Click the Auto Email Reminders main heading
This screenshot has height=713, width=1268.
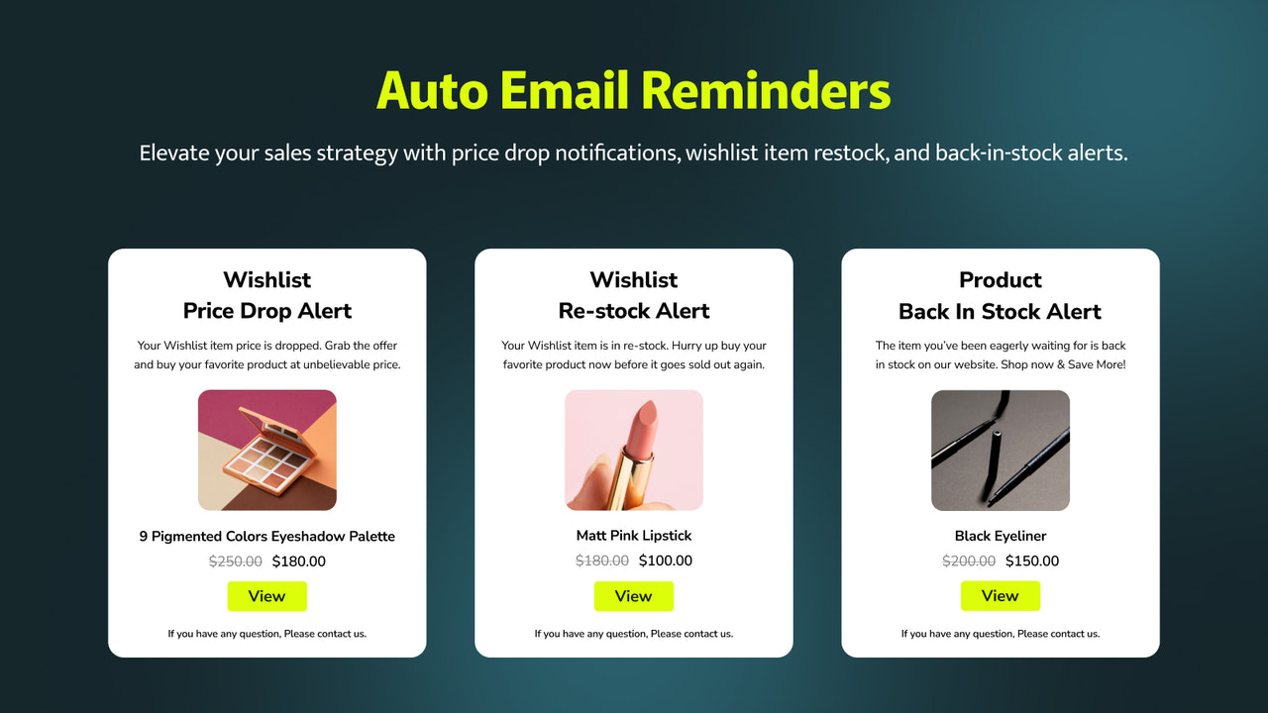click(634, 90)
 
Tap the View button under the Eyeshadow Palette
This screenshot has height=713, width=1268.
click(266, 596)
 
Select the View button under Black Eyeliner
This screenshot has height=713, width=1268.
click(1000, 596)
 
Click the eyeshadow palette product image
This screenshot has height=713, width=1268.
click(267, 451)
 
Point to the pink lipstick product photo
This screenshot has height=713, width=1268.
click(634, 451)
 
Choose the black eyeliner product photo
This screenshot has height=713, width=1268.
click(1001, 451)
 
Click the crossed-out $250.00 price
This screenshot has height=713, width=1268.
click(236, 561)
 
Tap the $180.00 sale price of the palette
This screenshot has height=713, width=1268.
click(299, 561)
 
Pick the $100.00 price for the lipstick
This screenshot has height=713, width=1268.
click(666, 560)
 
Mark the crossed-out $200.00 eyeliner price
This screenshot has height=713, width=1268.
click(969, 561)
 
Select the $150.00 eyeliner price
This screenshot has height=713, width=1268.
click(1032, 561)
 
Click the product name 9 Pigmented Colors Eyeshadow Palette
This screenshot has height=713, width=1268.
click(267, 537)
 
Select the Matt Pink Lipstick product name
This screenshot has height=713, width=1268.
click(634, 536)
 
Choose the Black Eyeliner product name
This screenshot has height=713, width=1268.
click(1001, 536)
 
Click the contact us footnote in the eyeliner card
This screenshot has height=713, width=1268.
click(1001, 634)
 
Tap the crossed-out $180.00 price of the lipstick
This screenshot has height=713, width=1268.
click(602, 560)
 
